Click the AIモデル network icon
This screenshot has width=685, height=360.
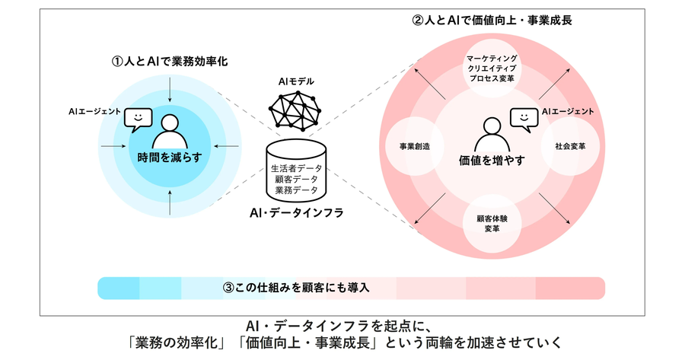pos(295,111)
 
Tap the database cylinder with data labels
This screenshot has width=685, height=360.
pos(296,170)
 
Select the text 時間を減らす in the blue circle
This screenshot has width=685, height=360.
pos(170,158)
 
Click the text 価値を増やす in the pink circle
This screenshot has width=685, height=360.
pos(492,161)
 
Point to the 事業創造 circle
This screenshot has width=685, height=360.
pos(415,146)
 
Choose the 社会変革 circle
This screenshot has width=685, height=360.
pos(570,146)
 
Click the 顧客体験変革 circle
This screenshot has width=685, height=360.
pos(492,223)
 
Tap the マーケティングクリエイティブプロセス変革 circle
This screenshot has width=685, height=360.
pos(492,68)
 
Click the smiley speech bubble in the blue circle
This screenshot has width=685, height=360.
pos(138,119)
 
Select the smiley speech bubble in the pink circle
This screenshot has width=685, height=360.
pos(524,119)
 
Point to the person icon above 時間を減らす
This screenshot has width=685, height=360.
pos(170,132)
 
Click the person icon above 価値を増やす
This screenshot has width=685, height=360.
pos(492,135)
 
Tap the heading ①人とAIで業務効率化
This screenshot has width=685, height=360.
pos(170,62)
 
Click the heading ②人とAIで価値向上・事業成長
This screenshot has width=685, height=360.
pos(492,20)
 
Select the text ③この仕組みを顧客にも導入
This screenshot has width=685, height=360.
pos(296,288)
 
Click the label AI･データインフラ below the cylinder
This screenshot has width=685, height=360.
pos(296,213)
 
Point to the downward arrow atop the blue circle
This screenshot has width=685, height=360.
pos(170,91)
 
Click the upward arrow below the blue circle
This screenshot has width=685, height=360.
pos(170,202)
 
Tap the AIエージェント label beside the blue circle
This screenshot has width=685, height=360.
pos(94,111)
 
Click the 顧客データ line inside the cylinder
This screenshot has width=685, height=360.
pos(296,179)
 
